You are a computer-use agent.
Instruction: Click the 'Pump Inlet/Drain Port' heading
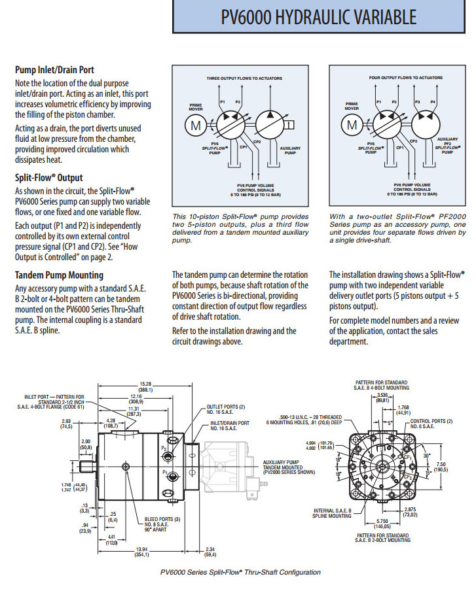click(54, 70)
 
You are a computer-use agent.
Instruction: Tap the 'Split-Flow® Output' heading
click(48, 177)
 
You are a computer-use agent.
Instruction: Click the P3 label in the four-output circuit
click(418, 103)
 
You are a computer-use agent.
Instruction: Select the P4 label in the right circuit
click(432, 103)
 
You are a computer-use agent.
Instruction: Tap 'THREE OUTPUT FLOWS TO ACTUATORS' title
click(244, 78)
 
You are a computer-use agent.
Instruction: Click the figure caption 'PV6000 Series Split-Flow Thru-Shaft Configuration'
click(240, 572)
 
